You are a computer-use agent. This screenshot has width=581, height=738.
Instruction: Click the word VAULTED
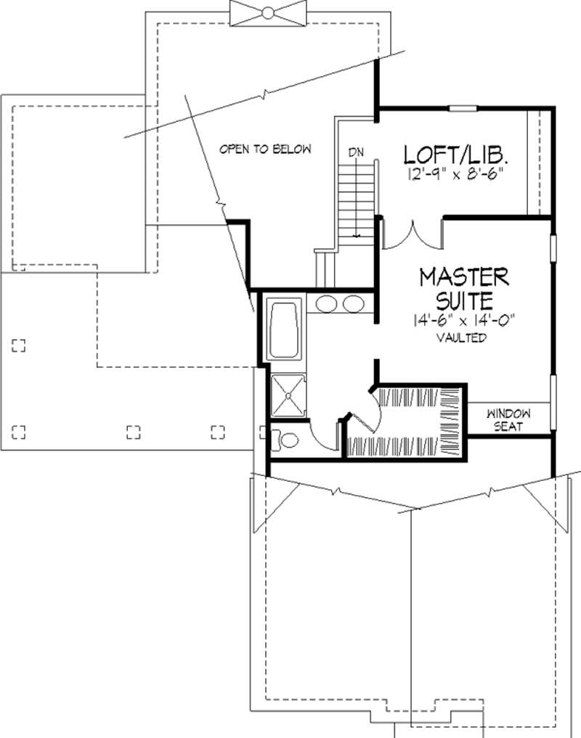click(x=462, y=338)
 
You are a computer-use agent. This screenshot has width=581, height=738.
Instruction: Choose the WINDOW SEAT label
click(x=509, y=420)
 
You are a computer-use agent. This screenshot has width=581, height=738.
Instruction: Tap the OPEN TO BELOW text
click(x=266, y=149)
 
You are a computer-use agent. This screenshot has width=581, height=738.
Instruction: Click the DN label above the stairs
click(x=356, y=152)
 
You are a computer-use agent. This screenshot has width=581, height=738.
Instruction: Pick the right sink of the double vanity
click(x=354, y=304)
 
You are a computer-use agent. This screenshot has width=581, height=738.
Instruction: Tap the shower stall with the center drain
click(x=289, y=395)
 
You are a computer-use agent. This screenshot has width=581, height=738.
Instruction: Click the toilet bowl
click(x=288, y=440)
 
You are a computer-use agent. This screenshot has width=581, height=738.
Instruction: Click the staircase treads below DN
click(x=355, y=196)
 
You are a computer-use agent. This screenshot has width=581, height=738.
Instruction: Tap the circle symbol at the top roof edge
click(x=267, y=12)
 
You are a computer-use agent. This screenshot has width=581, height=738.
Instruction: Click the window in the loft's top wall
click(x=463, y=109)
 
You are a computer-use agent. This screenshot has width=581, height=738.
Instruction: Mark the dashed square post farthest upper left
click(x=19, y=345)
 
